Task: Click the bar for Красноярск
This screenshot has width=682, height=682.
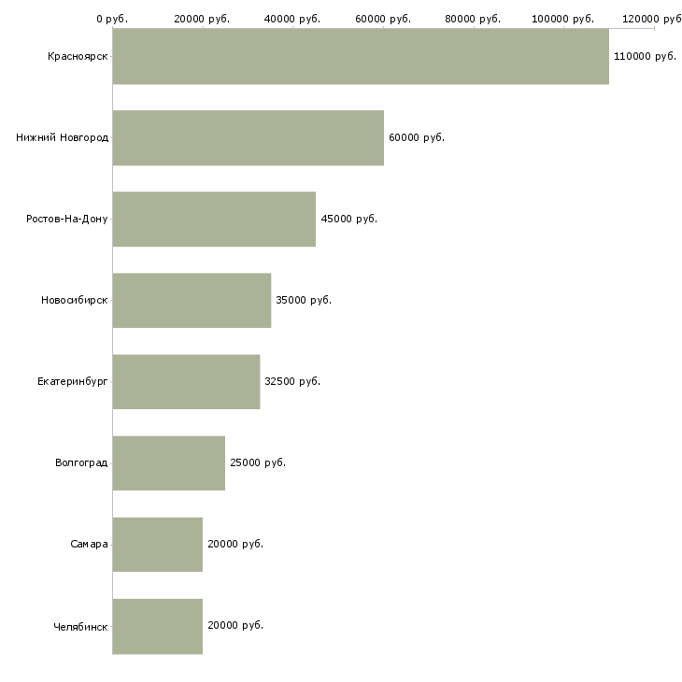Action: (x=361, y=56)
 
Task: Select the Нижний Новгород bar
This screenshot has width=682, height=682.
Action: (x=248, y=137)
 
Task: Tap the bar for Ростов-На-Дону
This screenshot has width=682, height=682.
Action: (x=214, y=219)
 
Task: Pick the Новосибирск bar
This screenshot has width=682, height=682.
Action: (x=192, y=300)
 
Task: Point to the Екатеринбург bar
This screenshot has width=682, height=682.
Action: (x=186, y=381)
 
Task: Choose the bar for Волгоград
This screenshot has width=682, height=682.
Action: (x=169, y=462)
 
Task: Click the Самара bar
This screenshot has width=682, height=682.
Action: (x=158, y=544)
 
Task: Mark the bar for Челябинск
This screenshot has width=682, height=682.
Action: (x=158, y=626)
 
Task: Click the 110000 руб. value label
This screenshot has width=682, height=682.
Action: (x=645, y=57)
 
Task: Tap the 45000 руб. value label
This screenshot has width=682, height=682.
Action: (x=348, y=219)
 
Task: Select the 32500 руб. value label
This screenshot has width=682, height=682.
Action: (x=292, y=381)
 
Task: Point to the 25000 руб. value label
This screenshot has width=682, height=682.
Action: (x=258, y=462)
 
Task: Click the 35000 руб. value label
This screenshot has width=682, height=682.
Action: (x=304, y=300)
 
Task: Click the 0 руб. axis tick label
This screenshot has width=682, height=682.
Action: (x=112, y=19)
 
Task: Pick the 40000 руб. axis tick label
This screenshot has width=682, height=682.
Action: (x=291, y=19)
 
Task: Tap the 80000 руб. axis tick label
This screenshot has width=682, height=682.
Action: (x=473, y=19)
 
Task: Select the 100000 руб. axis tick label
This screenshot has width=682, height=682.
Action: (x=562, y=19)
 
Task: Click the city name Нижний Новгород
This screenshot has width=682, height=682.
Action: (x=63, y=137)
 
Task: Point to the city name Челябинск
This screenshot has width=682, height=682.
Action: (x=80, y=627)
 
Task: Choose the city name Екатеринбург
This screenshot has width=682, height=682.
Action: (x=72, y=382)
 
